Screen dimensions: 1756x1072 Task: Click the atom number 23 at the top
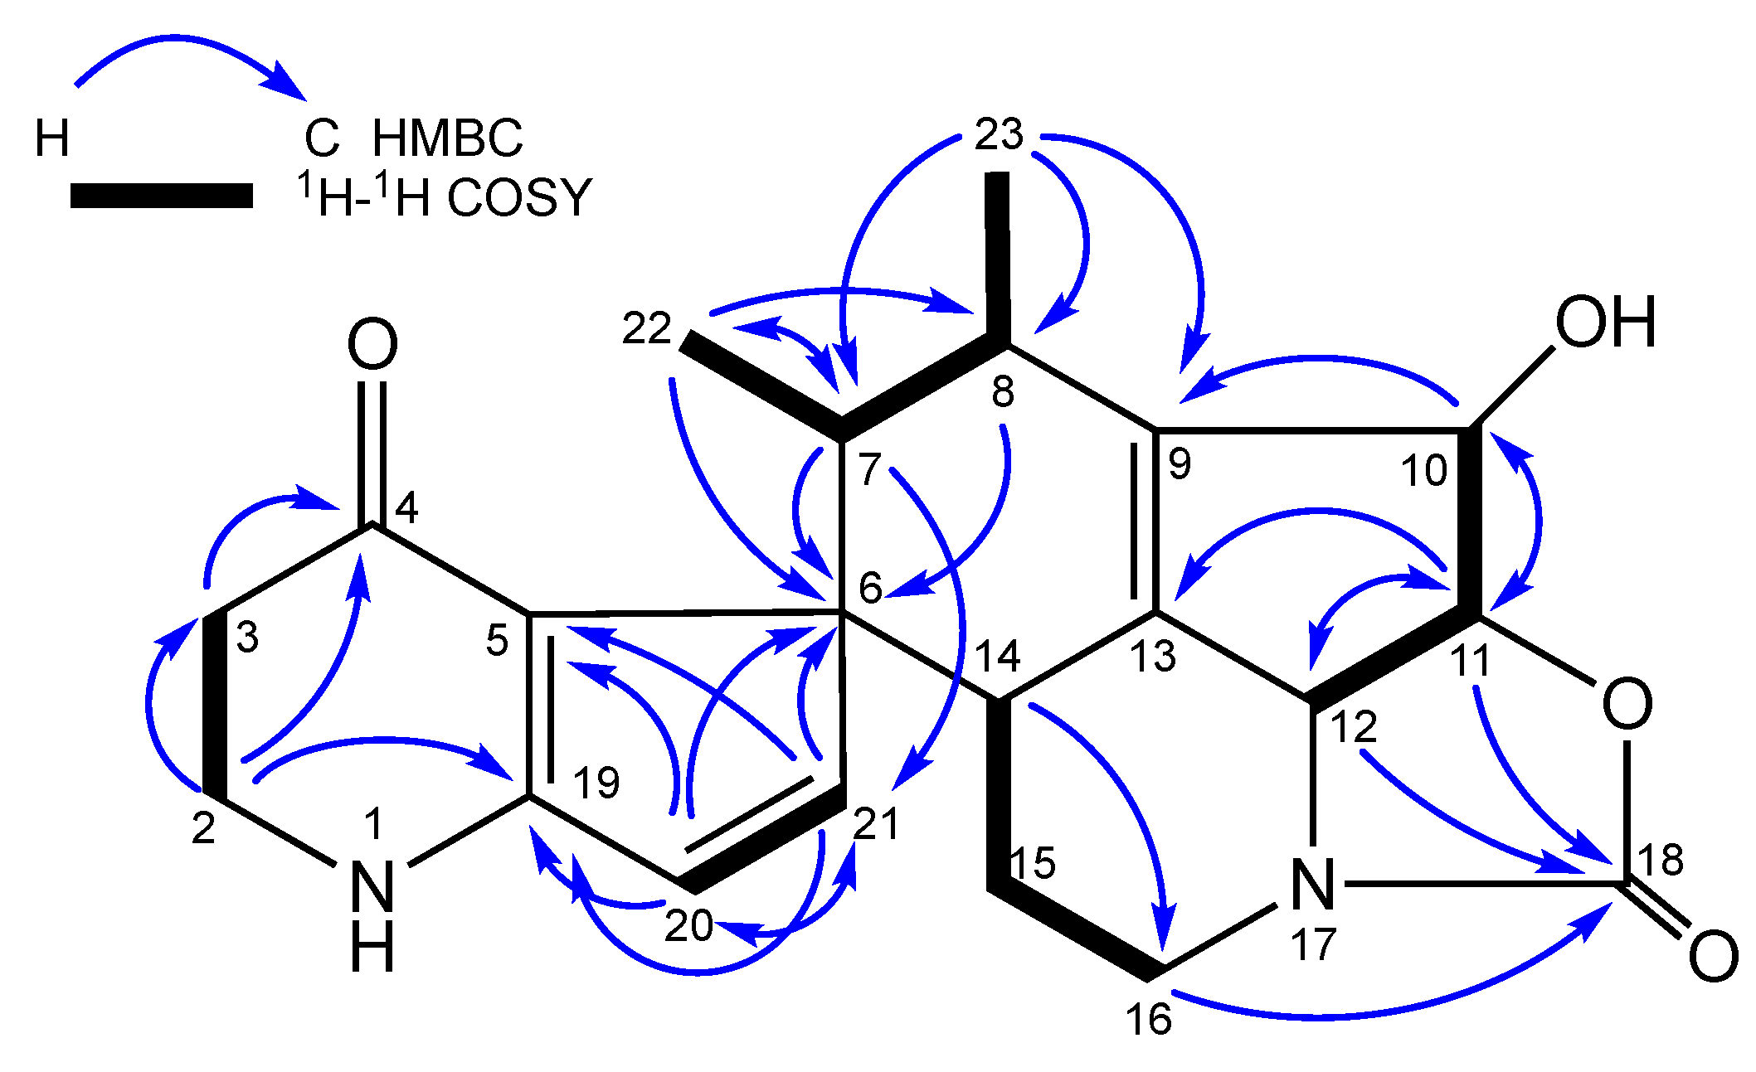[x=999, y=134]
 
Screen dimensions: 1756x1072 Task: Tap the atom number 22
[x=646, y=330]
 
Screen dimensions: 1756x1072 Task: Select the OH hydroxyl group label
[x=1605, y=323]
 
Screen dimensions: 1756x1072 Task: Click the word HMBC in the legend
[x=447, y=138]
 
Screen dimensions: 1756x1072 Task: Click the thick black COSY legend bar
[x=162, y=196]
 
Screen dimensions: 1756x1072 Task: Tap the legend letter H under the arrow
[x=51, y=138]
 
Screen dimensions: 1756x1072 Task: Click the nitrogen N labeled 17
[x=1313, y=885]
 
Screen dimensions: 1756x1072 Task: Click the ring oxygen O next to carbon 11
[x=1627, y=704]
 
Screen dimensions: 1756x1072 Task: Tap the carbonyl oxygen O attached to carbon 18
[x=1713, y=957]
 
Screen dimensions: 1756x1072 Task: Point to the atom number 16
[x=1148, y=1018]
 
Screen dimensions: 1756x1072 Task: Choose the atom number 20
[x=688, y=925]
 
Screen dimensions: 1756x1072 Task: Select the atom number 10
[x=1424, y=471]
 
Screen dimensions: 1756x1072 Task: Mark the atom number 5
[x=497, y=641]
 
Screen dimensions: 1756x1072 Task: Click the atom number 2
[x=203, y=828]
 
